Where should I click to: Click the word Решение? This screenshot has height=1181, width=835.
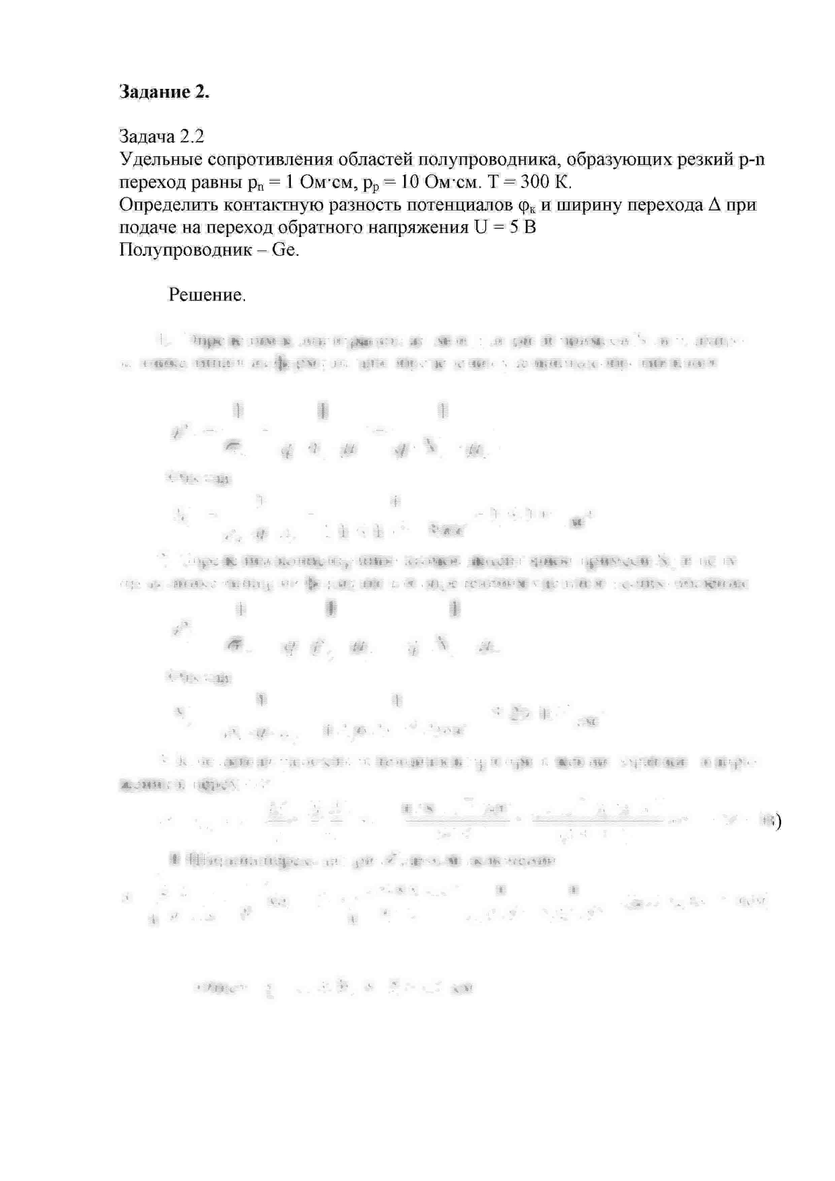207,295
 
